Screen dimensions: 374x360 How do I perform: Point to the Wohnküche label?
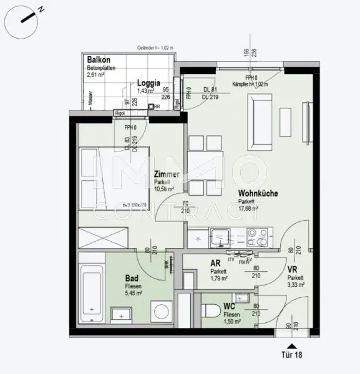pyautogui.click(x=258, y=194)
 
